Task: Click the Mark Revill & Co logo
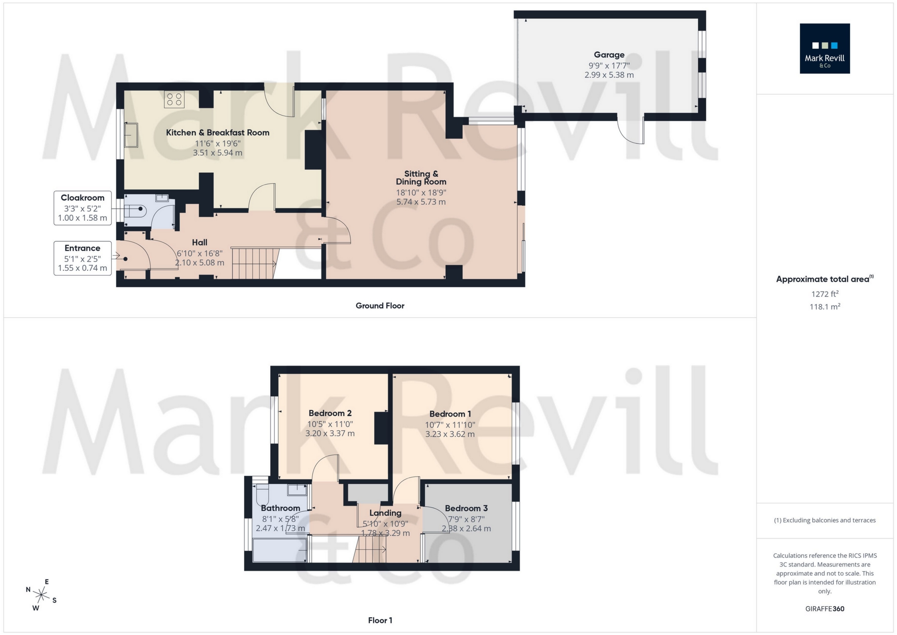click(824, 48)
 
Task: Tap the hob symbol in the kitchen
click(174, 100)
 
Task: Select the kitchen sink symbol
click(132, 135)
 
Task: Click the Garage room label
click(609, 55)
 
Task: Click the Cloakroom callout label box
click(82, 208)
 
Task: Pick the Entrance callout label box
click(82, 258)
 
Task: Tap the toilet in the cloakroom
click(134, 209)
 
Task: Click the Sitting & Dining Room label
click(421, 178)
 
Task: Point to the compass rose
click(41, 595)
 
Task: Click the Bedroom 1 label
click(450, 414)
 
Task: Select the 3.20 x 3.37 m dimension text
click(330, 434)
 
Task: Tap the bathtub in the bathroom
click(280, 550)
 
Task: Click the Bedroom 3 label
click(466, 508)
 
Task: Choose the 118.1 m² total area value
click(824, 307)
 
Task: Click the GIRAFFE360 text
click(824, 609)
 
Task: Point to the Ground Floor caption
click(380, 306)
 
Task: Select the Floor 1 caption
click(380, 620)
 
